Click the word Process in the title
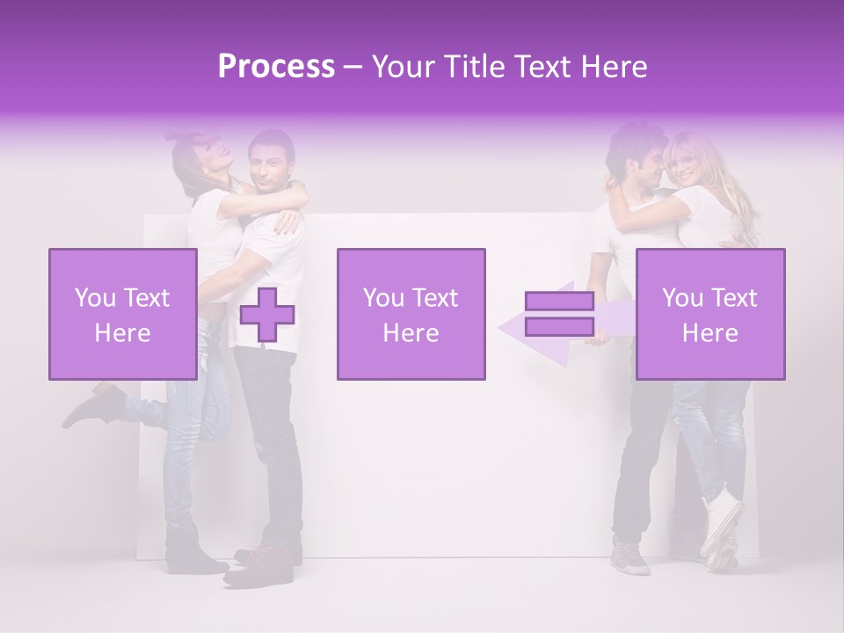(276, 66)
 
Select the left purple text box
(122, 314)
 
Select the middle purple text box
(411, 314)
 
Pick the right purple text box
(709, 314)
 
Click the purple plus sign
(267, 315)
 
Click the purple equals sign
(559, 314)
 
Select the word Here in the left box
(122, 332)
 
